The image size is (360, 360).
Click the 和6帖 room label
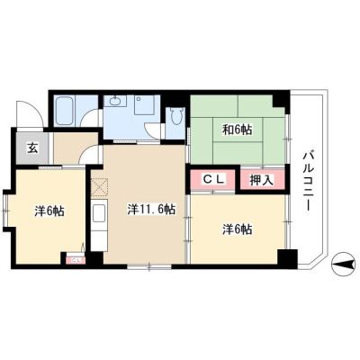coord(237,130)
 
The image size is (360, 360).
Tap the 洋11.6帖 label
coord(151,210)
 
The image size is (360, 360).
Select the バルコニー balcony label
coord(309,181)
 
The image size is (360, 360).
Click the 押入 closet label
coord(262,180)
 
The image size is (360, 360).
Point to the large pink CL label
coord(214,179)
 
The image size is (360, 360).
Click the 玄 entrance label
coord(32,148)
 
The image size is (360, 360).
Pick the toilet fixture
coord(176,115)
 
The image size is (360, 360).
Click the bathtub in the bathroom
coord(65,110)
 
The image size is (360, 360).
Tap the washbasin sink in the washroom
coord(116,101)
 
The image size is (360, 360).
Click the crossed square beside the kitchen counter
coord(100,187)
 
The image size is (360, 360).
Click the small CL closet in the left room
coord(76,260)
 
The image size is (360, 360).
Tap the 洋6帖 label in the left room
coord(49,211)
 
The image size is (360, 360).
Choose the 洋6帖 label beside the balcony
coord(237,229)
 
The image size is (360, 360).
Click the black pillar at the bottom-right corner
coord(287,258)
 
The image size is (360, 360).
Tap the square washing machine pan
coord(144,105)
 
